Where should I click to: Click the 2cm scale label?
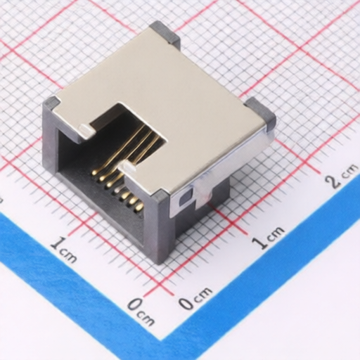tap(342, 175)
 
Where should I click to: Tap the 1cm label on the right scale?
tap(269, 236)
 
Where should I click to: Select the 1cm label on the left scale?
tap(63, 250)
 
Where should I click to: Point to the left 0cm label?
tap(141, 311)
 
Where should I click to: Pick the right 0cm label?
tap(195, 297)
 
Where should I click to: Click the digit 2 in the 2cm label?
tap(334, 181)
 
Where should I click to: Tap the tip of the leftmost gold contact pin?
tap(94, 173)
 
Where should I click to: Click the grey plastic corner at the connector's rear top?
tap(165, 32)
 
